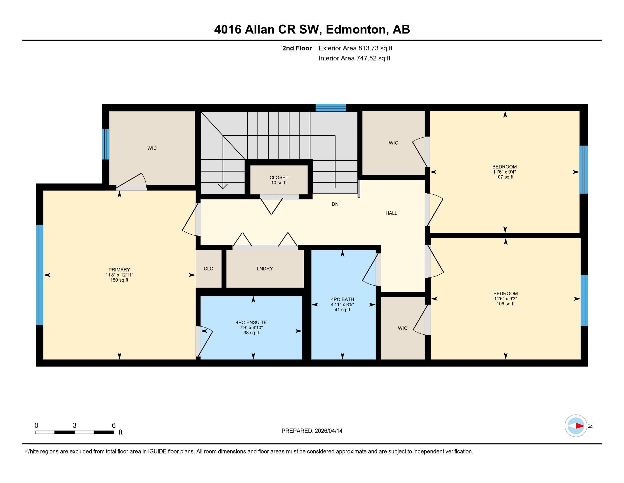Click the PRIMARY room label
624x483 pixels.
[x=119, y=275]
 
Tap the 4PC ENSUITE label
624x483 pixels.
[x=251, y=328]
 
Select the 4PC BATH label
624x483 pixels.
[x=342, y=305]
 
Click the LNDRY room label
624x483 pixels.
[x=265, y=269]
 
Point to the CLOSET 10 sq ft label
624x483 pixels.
[x=279, y=180]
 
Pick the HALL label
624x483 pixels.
[x=391, y=213]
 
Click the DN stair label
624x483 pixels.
[x=335, y=204]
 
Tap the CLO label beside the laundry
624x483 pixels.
[x=208, y=269]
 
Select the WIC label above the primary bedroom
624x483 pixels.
[x=152, y=148]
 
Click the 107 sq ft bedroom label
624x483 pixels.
[x=505, y=172]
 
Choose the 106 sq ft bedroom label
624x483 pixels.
[x=505, y=298]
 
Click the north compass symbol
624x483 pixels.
[x=576, y=426]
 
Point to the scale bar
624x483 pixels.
[x=75, y=432]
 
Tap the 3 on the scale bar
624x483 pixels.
[x=75, y=426]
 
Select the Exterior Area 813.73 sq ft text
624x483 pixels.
[x=355, y=48]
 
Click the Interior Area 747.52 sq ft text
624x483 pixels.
[x=354, y=58]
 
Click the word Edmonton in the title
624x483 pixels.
[x=356, y=30]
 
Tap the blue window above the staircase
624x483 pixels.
[x=331, y=108]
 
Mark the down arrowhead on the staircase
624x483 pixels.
[x=223, y=186]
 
